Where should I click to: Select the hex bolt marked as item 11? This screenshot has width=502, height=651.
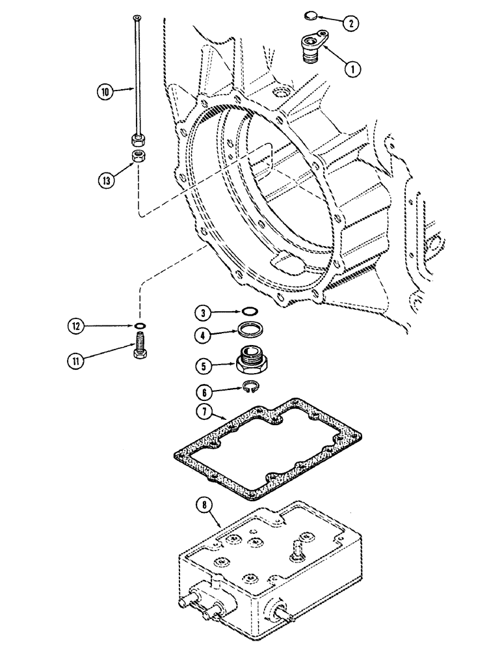(140, 344)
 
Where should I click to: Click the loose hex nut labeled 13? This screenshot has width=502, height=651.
(139, 157)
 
